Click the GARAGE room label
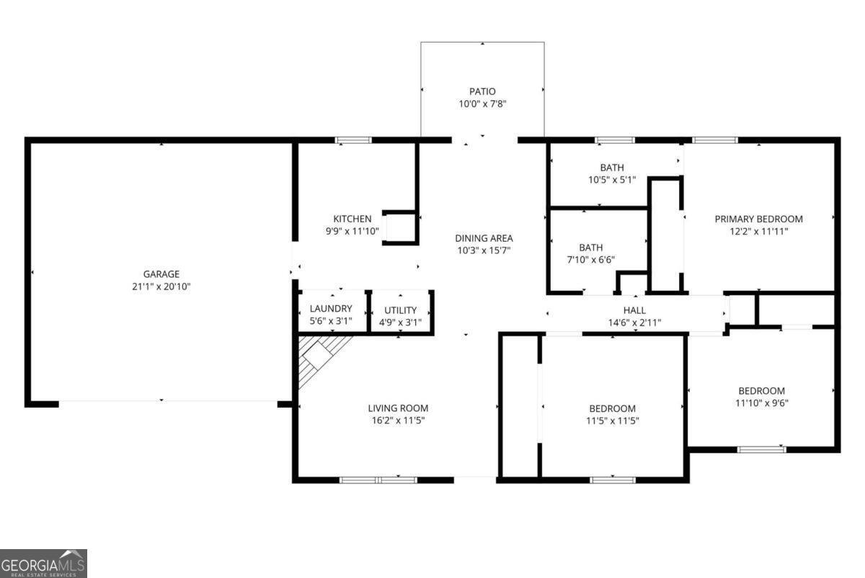[x=161, y=274]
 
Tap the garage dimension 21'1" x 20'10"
[x=161, y=286]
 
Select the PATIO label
[x=482, y=92]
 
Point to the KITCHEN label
[x=352, y=219]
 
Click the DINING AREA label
[x=484, y=238]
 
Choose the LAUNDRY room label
[x=332, y=310]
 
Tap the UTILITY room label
[x=400, y=310]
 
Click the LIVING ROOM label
[x=398, y=408]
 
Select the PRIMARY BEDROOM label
[x=758, y=219]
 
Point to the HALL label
[x=634, y=310]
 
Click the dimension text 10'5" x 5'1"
[x=611, y=180]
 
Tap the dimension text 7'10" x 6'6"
[x=590, y=260]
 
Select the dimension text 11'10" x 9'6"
[x=761, y=403]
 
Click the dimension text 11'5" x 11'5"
[x=612, y=421]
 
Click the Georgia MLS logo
[x=43, y=563]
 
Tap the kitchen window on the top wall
[x=353, y=140]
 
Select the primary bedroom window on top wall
[x=715, y=140]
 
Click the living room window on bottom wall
[x=378, y=479]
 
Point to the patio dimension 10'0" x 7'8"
[x=482, y=104]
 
